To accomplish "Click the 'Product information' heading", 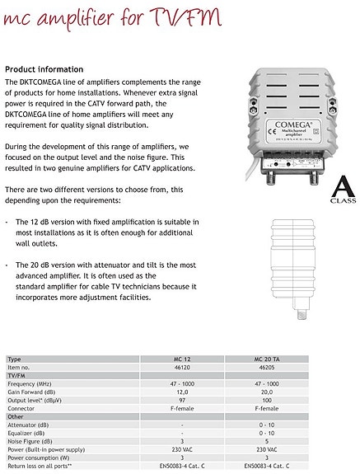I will click(x=44, y=69).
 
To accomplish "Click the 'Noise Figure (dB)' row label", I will click(x=30, y=442).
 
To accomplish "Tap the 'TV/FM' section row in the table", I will click(x=16, y=376).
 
